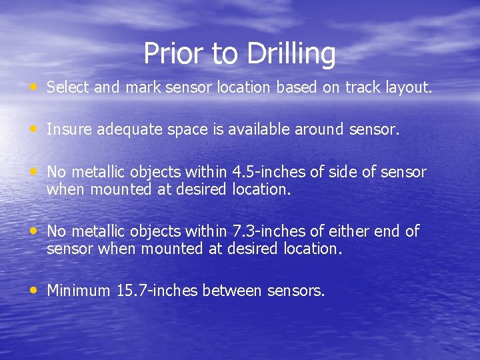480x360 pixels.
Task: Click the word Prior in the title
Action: tap(170, 54)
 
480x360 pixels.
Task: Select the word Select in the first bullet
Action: tap(69, 87)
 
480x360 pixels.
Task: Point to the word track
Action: tap(363, 87)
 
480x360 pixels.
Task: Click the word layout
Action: tap(409, 88)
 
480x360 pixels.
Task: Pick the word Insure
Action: tap(69, 130)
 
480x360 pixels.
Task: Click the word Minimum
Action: tap(78, 291)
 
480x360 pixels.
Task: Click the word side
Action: tap(341, 173)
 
